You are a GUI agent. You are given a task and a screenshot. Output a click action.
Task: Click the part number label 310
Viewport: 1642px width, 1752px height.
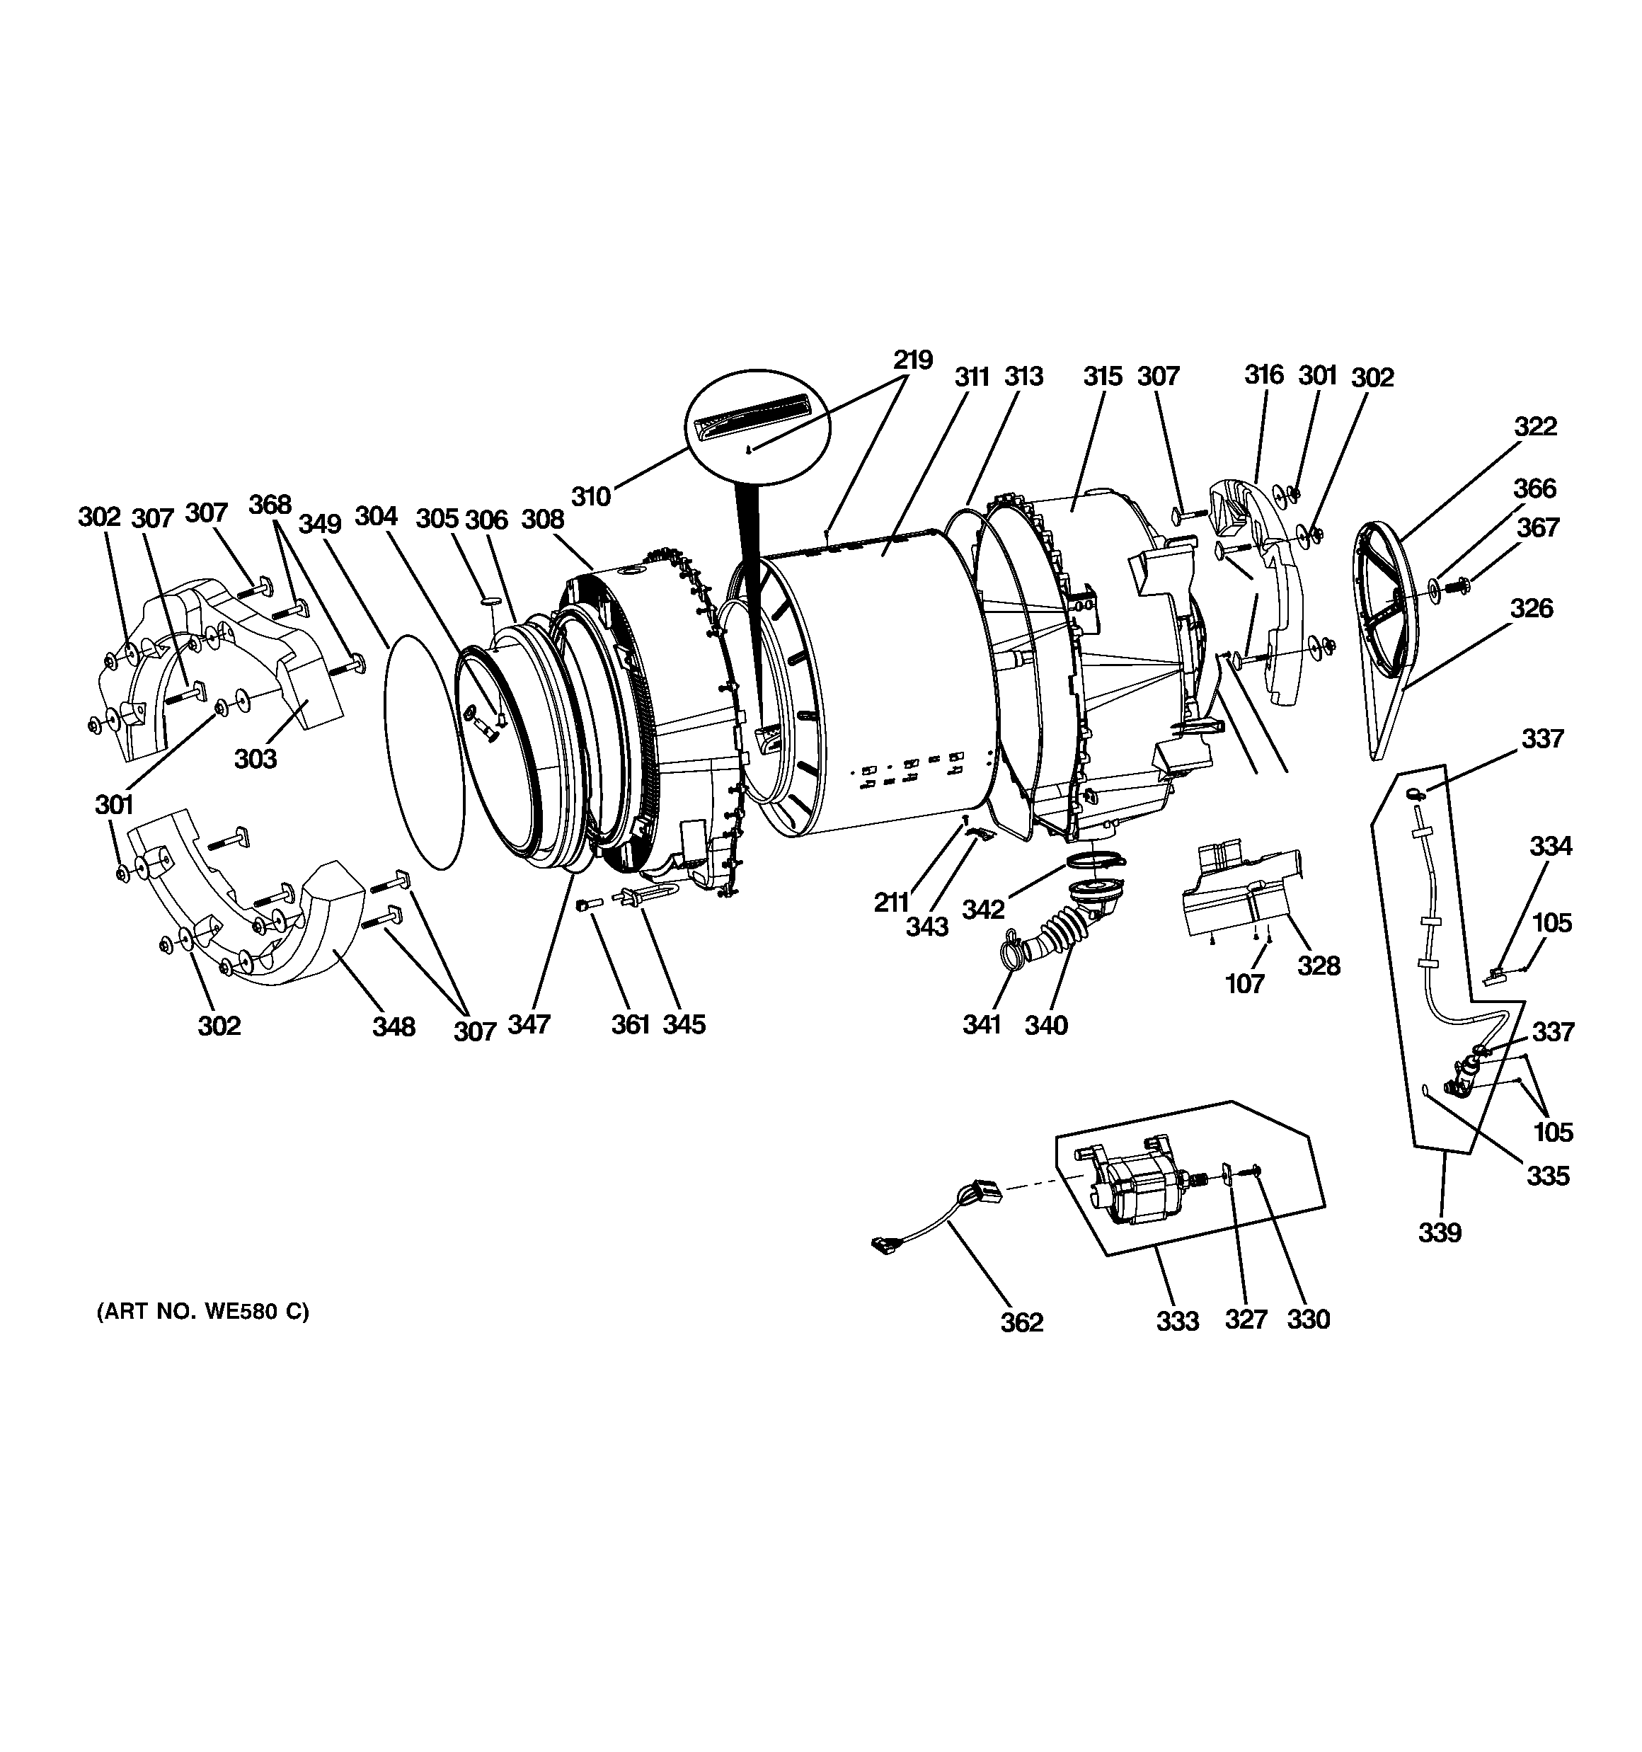(x=590, y=497)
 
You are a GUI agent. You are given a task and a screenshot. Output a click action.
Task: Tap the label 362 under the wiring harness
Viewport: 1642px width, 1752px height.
(x=1021, y=1322)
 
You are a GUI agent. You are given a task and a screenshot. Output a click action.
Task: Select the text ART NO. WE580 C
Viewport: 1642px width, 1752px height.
(x=202, y=1312)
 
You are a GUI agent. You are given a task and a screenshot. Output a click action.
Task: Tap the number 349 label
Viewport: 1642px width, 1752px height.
(x=319, y=524)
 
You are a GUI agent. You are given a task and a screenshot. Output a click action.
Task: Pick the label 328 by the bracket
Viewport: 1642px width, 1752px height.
(x=1319, y=966)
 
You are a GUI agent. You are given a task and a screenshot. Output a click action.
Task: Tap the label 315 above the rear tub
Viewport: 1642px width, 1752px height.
(x=1103, y=377)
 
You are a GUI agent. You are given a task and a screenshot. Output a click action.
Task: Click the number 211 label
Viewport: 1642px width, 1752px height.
(x=892, y=902)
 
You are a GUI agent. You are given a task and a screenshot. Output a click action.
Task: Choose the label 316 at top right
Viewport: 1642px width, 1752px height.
(x=1264, y=374)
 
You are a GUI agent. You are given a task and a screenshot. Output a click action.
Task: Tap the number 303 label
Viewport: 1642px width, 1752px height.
(x=256, y=758)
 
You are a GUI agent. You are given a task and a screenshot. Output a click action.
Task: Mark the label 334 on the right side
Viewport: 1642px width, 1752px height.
(x=1550, y=846)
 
